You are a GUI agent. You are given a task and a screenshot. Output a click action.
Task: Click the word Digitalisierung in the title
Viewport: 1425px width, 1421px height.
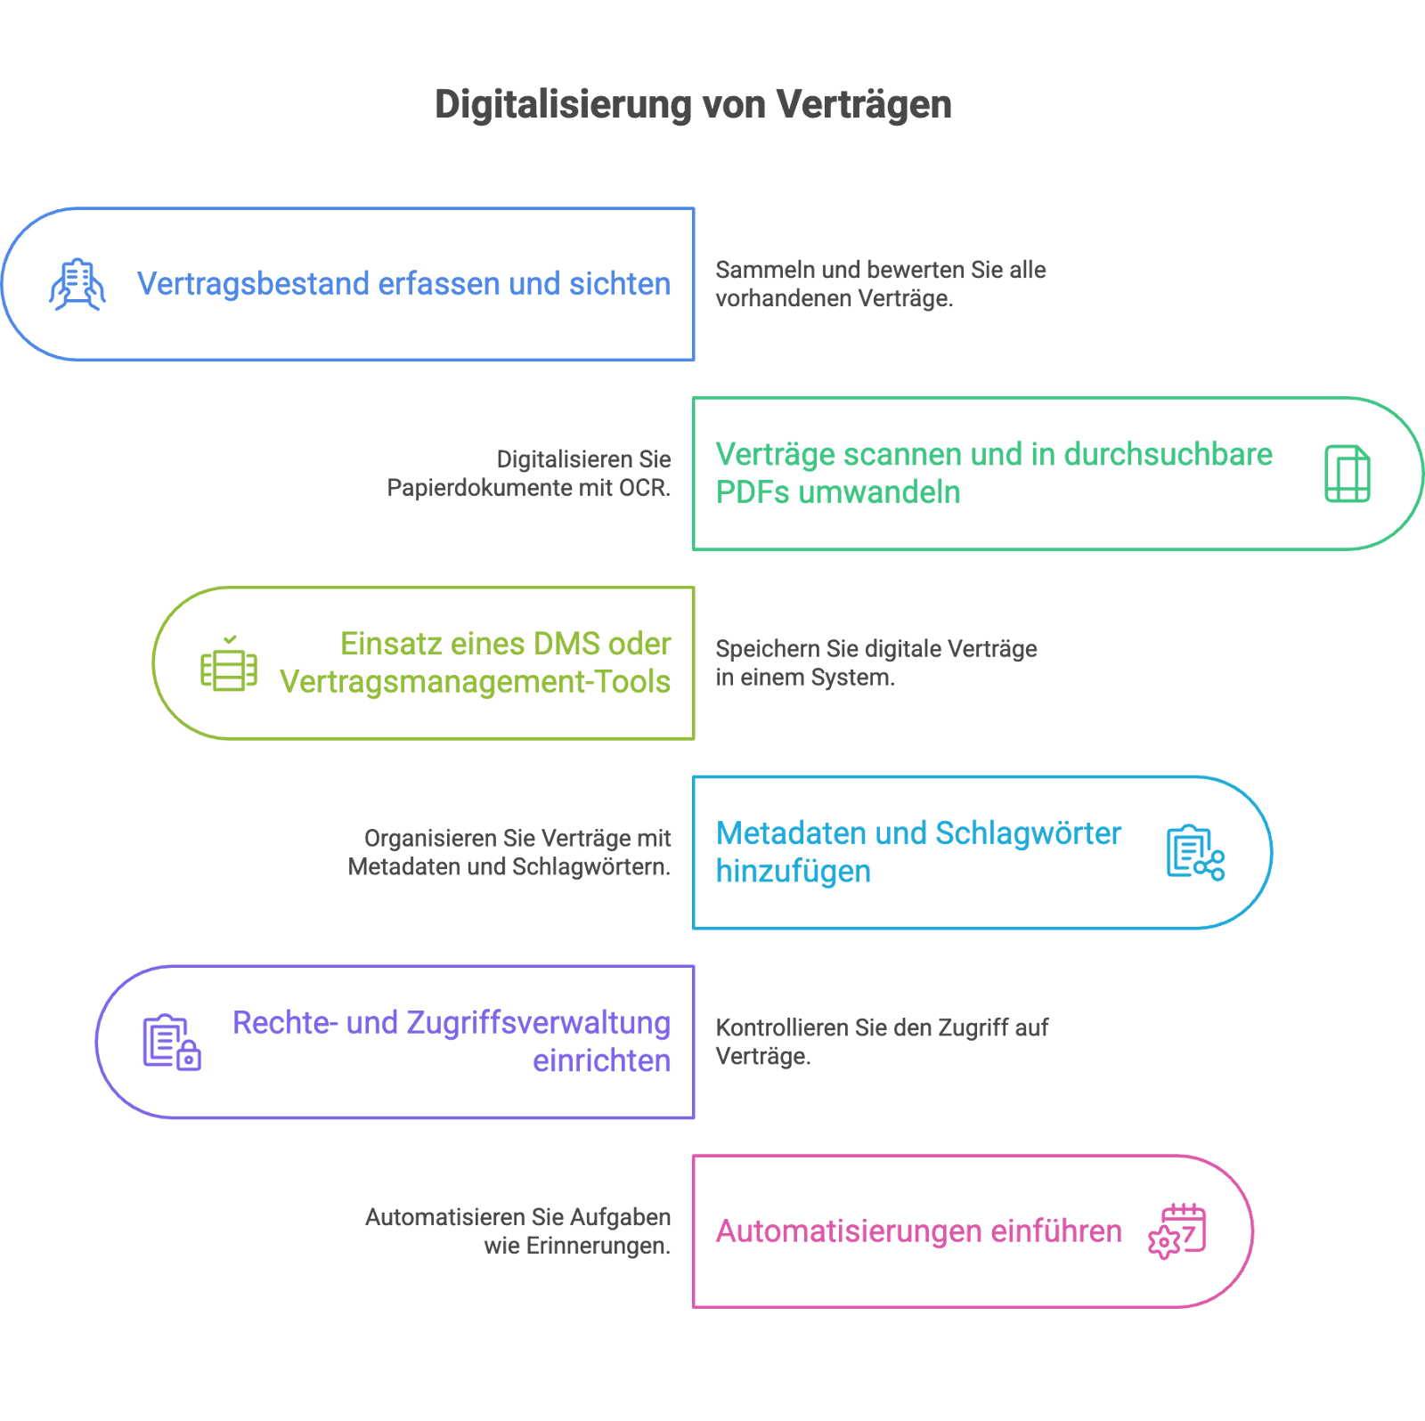(564, 105)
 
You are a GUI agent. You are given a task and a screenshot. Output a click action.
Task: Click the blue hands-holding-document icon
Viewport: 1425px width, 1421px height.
(77, 285)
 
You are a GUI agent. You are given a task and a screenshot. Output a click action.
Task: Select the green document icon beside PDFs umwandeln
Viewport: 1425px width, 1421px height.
(1348, 474)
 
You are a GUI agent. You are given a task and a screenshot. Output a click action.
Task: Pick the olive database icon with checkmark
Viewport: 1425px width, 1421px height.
(229, 663)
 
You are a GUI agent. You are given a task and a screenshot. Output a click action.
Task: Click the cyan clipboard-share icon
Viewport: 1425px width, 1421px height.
(1196, 853)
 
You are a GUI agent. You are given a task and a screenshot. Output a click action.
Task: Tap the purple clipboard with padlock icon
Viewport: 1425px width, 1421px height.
(172, 1043)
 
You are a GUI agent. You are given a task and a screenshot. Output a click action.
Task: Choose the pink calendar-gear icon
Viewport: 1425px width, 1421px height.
(1177, 1231)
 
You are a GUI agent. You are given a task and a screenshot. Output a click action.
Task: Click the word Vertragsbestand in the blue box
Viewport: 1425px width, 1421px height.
(253, 284)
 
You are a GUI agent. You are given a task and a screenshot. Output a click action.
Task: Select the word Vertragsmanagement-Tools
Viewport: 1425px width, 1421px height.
(476, 682)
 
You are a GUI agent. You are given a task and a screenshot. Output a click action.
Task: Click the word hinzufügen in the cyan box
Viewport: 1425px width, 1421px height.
(794, 872)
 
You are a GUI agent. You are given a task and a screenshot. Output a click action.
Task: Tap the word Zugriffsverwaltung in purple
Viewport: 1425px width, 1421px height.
(539, 1024)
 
